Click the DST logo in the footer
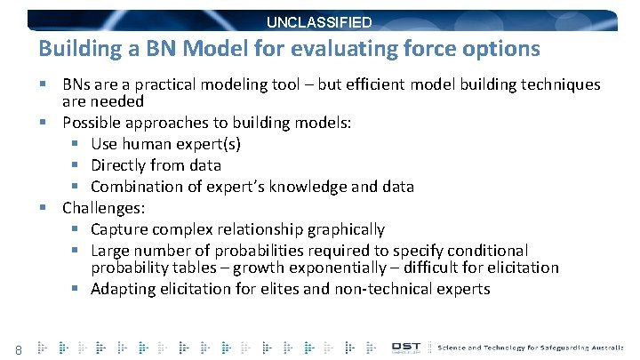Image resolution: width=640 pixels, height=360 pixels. tap(408, 347)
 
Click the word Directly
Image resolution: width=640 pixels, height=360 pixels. tap(119, 164)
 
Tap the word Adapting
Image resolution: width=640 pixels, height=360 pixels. tap(123, 289)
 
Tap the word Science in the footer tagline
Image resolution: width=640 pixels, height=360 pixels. tap(459, 347)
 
